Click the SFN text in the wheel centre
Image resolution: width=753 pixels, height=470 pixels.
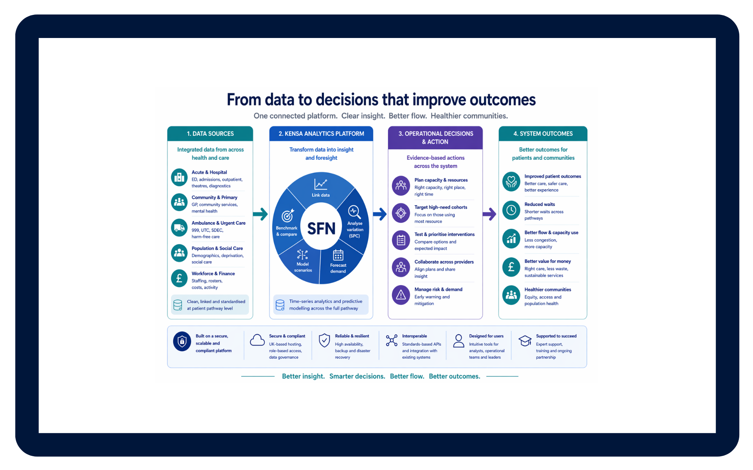pyautogui.click(x=321, y=228)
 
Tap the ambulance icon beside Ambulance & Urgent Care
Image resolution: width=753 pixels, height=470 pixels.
pyautogui.click(x=179, y=228)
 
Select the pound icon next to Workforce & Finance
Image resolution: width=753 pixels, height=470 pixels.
pyautogui.click(x=179, y=278)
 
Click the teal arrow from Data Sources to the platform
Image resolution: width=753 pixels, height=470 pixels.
pyautogui.click(x=260, y=214)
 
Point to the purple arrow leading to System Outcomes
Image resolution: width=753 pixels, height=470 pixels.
pyautogui.click(x=489, y=214)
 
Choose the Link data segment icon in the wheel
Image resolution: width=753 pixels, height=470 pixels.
pyautogui.click(x=320, y=184)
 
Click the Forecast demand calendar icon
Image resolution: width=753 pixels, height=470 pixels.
pyautogui.click(x=338, y=255)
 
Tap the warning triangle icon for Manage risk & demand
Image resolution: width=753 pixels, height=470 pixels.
pyautogui.click(x=401, y=295)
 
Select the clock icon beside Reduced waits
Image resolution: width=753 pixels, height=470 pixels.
pyautogui.click(x=511, y=210)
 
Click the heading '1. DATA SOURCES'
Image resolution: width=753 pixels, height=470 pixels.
pyautogui.click(x=210, y=134)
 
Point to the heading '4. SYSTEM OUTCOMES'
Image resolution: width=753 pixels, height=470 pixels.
pyautogui.click(x=543, y=134)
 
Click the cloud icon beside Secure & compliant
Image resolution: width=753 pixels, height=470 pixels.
pyautogui.click(x=257, y=340)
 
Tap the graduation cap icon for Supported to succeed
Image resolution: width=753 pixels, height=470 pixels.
pyautogui.click(x=525, y=340)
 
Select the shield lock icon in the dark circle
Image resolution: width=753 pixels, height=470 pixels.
pyautogui.click(x=182, y=342)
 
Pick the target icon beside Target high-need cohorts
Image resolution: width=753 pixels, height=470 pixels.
pyautogui.click(x=401, y=213)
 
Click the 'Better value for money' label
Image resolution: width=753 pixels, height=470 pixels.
pyautogui.click(x=547, y=261)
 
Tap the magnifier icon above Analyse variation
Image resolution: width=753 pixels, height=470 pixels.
pyautogui.click(x=354, y=212)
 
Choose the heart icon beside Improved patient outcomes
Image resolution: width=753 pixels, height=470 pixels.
pyautogui.click(x=511, y=181)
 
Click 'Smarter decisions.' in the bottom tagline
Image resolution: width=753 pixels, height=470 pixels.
pyautogui.click(x=357, y=376)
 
